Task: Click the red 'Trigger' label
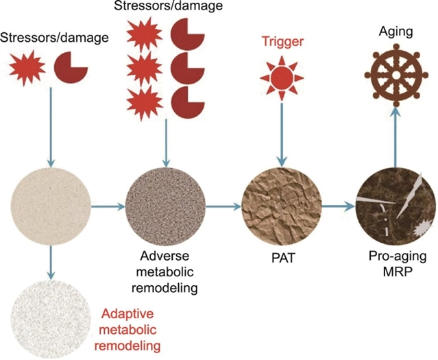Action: pos(281,43)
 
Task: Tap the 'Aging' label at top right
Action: pos(395,32)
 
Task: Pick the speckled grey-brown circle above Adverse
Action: pos(165,205)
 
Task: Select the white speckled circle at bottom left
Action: pos(51,320)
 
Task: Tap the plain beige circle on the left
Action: pos(51,204)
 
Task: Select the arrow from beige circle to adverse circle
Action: pos(108,204)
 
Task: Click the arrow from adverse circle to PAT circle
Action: pos(223,204)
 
